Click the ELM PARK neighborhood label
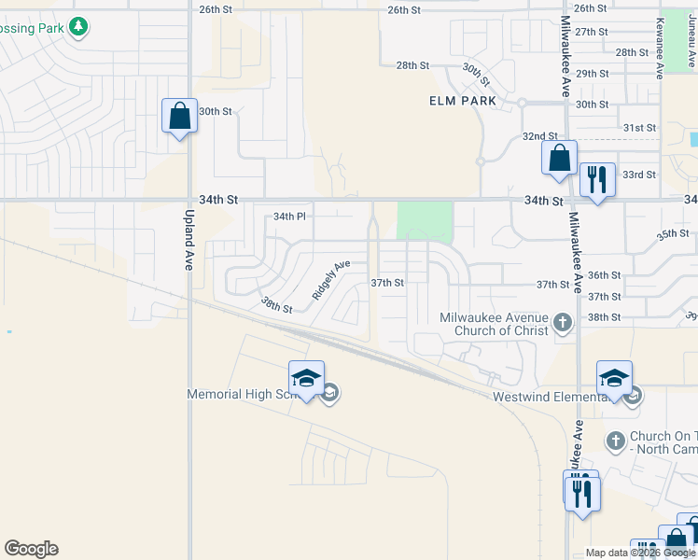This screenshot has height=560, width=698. pyautogui.click(x=462, y=101)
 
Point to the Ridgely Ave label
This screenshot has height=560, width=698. pyautogui.click(x=331, y=278)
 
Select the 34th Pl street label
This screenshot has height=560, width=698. pyautogui.click(x=289, y=217)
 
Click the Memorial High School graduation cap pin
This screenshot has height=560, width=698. pyautogui.click(x=306, y=378)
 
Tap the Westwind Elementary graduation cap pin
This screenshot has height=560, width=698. pyautogui.click(x=614, y=378)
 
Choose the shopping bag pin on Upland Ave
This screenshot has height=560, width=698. pyautogui.click(x=180, y=117)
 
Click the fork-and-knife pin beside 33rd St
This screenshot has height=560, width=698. pyautogui.click(x=596, y=178)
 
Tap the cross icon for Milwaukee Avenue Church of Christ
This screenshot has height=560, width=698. pyautogui.click(x=562, y=324)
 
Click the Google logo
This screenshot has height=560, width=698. pyautogui.click(x=31, y=549)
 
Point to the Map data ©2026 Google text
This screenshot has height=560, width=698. pyautogui.click(x=640, y=553)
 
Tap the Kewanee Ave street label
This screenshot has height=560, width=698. pyautogui.click(x=660, y=47)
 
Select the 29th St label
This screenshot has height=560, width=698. pyautogui.click(x=592, y=74)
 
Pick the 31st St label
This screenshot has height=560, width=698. pyautogui.click(x=639, y=128)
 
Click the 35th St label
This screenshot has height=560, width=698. pyautogui.click(x=671, y=234)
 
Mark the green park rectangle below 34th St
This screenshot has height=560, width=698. pyautogui.click(x=425, y=222)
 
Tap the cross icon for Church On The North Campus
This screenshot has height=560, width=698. pyautogui.click(x=615, y=439)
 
